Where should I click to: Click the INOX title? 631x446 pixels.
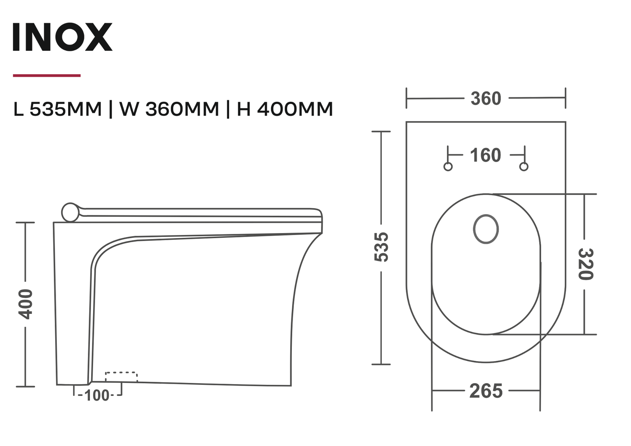point(62,37)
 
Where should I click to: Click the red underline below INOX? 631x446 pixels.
point(47,75)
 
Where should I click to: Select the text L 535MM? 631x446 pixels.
point(58,109)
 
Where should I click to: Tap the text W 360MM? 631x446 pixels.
point(169,109)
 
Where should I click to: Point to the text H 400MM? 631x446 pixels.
point(285,109)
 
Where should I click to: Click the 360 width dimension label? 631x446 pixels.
point(485,99)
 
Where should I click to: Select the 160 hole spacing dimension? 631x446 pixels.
point(485,155)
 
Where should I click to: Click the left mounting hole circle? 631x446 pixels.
point(448,167)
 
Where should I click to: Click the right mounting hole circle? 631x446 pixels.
point(524,167)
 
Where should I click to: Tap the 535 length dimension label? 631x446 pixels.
point(381,247)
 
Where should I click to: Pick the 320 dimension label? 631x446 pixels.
point(585,264)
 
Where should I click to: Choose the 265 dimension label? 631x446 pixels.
point(486,391)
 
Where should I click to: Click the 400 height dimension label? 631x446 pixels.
point(26,304)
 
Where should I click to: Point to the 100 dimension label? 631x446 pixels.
point(97,396)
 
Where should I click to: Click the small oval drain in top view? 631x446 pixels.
point(486,229)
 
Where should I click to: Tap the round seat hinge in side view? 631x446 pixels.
point(70,212)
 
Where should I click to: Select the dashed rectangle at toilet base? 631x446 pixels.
point(121,377)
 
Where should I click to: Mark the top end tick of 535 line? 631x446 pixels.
point(381,132)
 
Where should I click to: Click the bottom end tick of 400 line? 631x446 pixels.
point(25,386)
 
